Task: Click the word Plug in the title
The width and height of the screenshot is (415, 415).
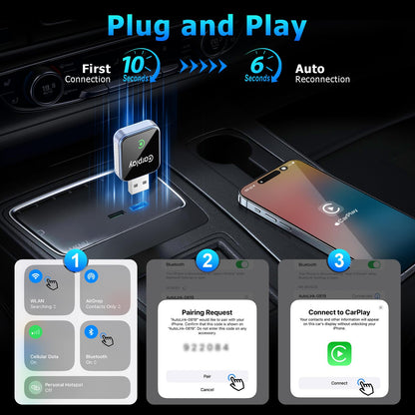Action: click(148, 26)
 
